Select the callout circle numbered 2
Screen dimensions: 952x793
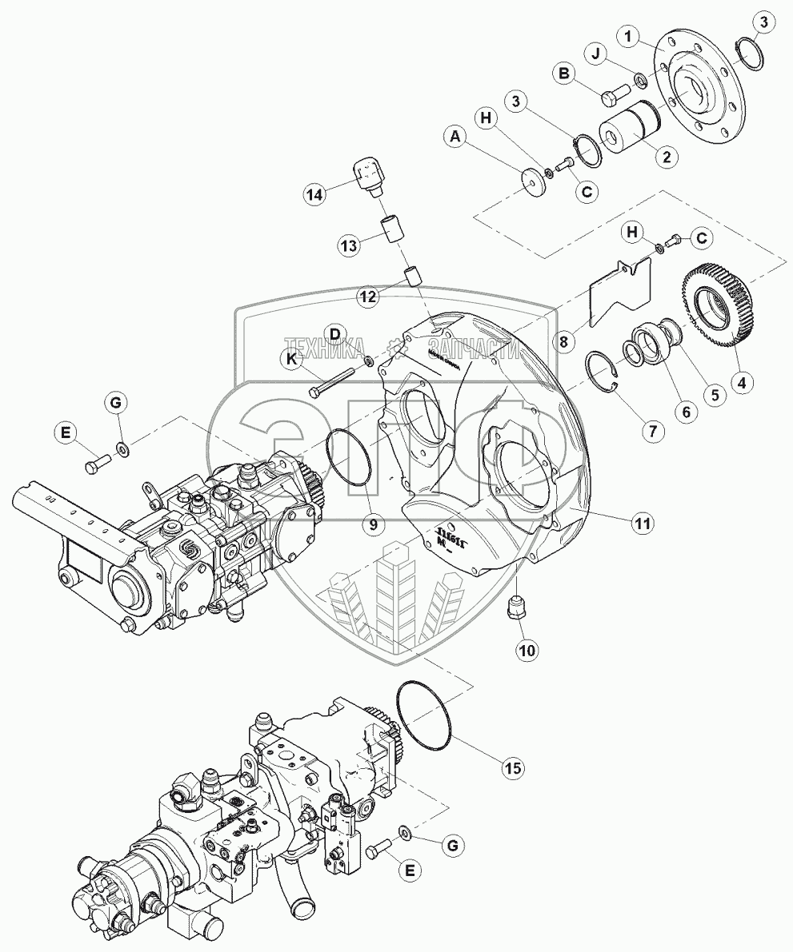click(663, 157)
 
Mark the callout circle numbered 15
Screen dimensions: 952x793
click(511, 768)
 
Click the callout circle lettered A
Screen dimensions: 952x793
click(456, 138)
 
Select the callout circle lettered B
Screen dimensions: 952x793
click(565, 74)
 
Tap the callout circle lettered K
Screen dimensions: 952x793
click(292, 360)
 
